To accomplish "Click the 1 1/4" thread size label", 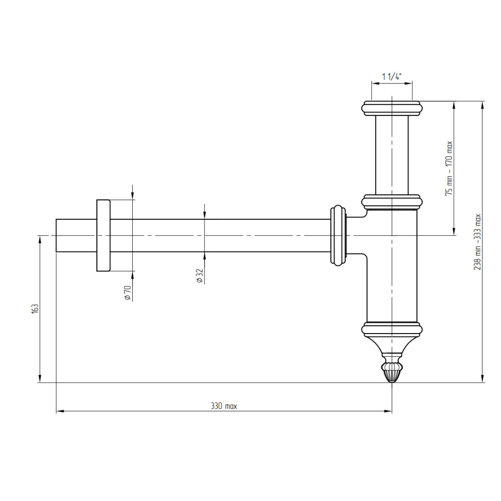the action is (392, 77).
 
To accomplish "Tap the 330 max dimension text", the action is (224, 406).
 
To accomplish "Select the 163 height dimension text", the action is (35, 308).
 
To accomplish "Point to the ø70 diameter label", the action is (128, 293).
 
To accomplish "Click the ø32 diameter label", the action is (199, 276).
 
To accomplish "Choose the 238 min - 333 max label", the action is (477, 242).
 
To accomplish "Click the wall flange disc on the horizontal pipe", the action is (103, 236).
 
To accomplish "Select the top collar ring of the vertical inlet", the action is (392, 109).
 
